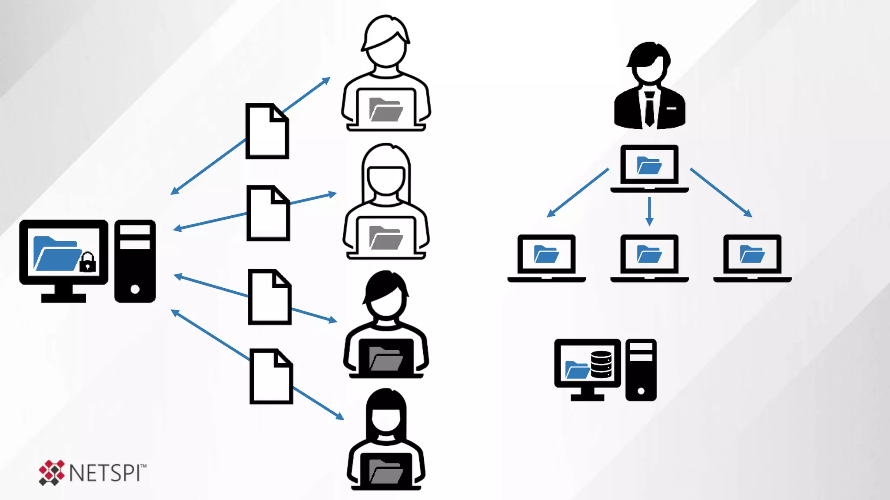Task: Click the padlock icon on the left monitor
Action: [87, 262]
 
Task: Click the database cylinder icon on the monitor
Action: [601, 364]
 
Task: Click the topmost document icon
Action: [267, 131]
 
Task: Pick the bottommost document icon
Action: [271, 376]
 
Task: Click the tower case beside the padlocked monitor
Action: [135, 261]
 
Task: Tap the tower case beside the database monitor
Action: [641, 370]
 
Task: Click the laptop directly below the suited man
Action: [649, 168]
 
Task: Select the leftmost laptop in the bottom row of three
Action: [546, 258]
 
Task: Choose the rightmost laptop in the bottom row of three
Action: [752, 258]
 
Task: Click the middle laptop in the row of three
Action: [649, 258]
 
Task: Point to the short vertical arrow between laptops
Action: [649, 211]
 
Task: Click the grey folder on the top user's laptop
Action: [385, 109]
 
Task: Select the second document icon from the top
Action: [268, 213]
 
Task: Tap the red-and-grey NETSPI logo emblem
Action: [51, 472]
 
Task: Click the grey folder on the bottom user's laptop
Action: [385, 471]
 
